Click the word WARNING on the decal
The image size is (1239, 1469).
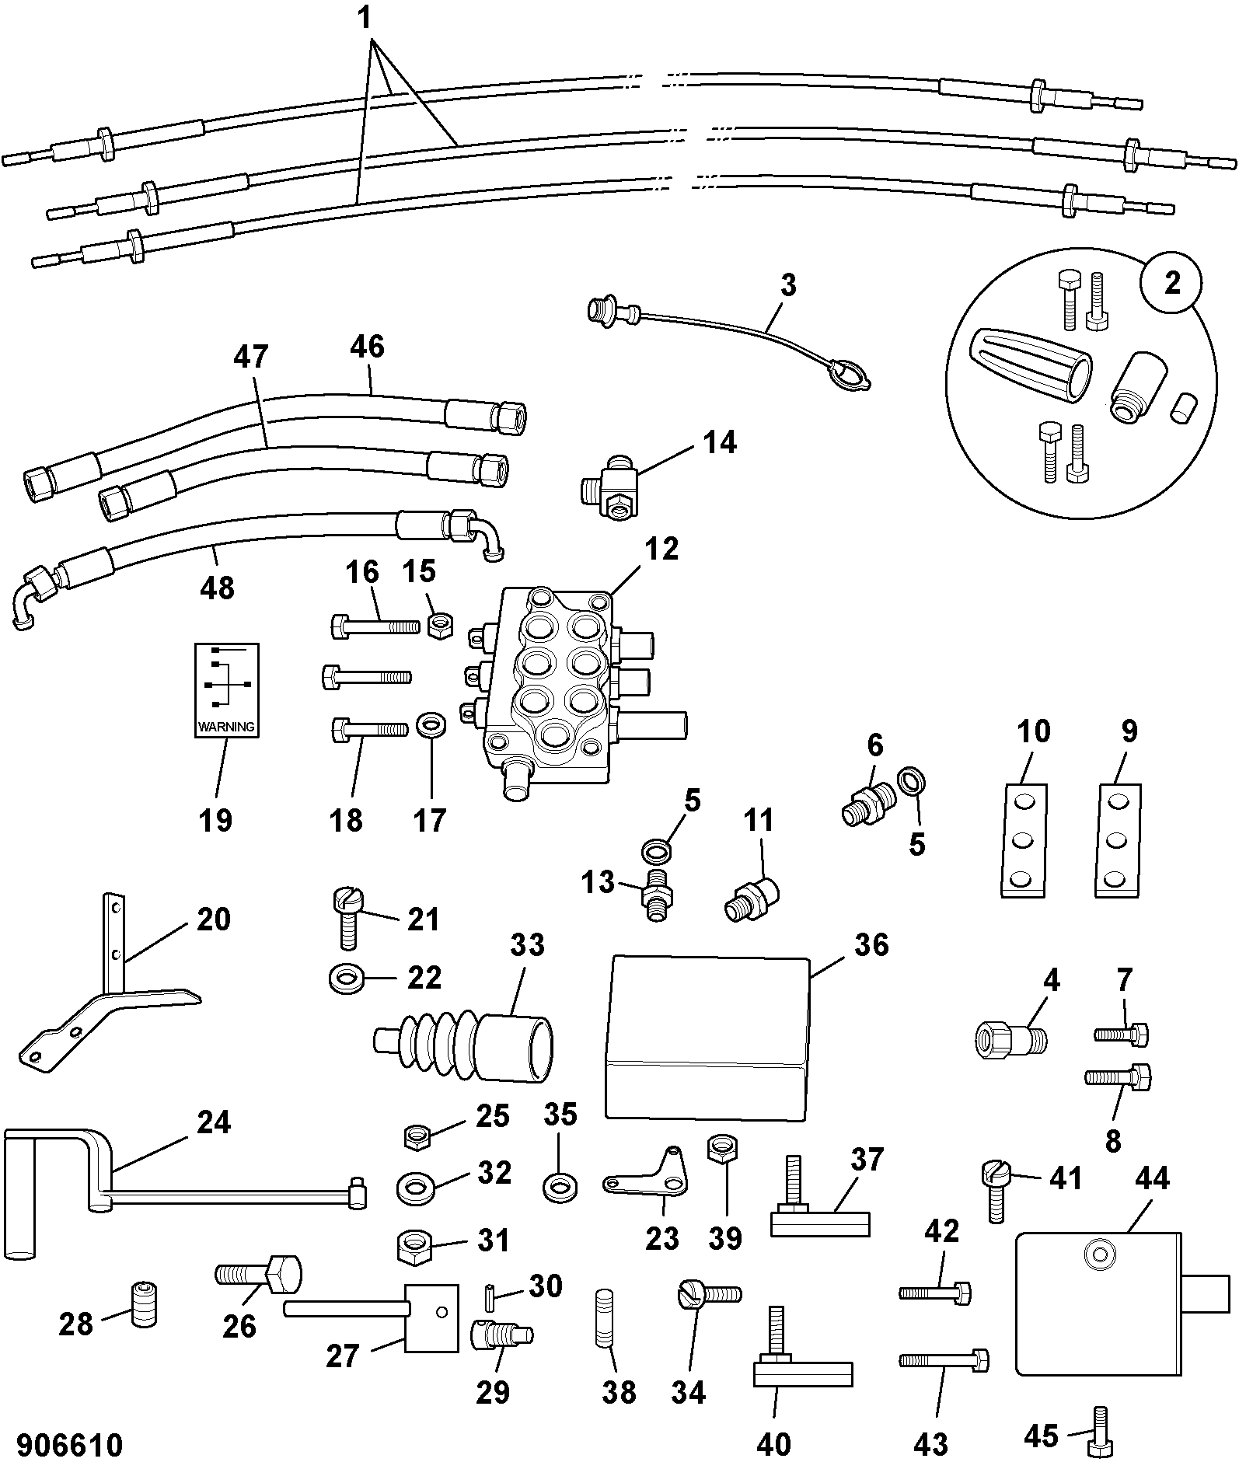[x=226, y=728]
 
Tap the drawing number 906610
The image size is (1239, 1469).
[x=69, y=1445]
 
